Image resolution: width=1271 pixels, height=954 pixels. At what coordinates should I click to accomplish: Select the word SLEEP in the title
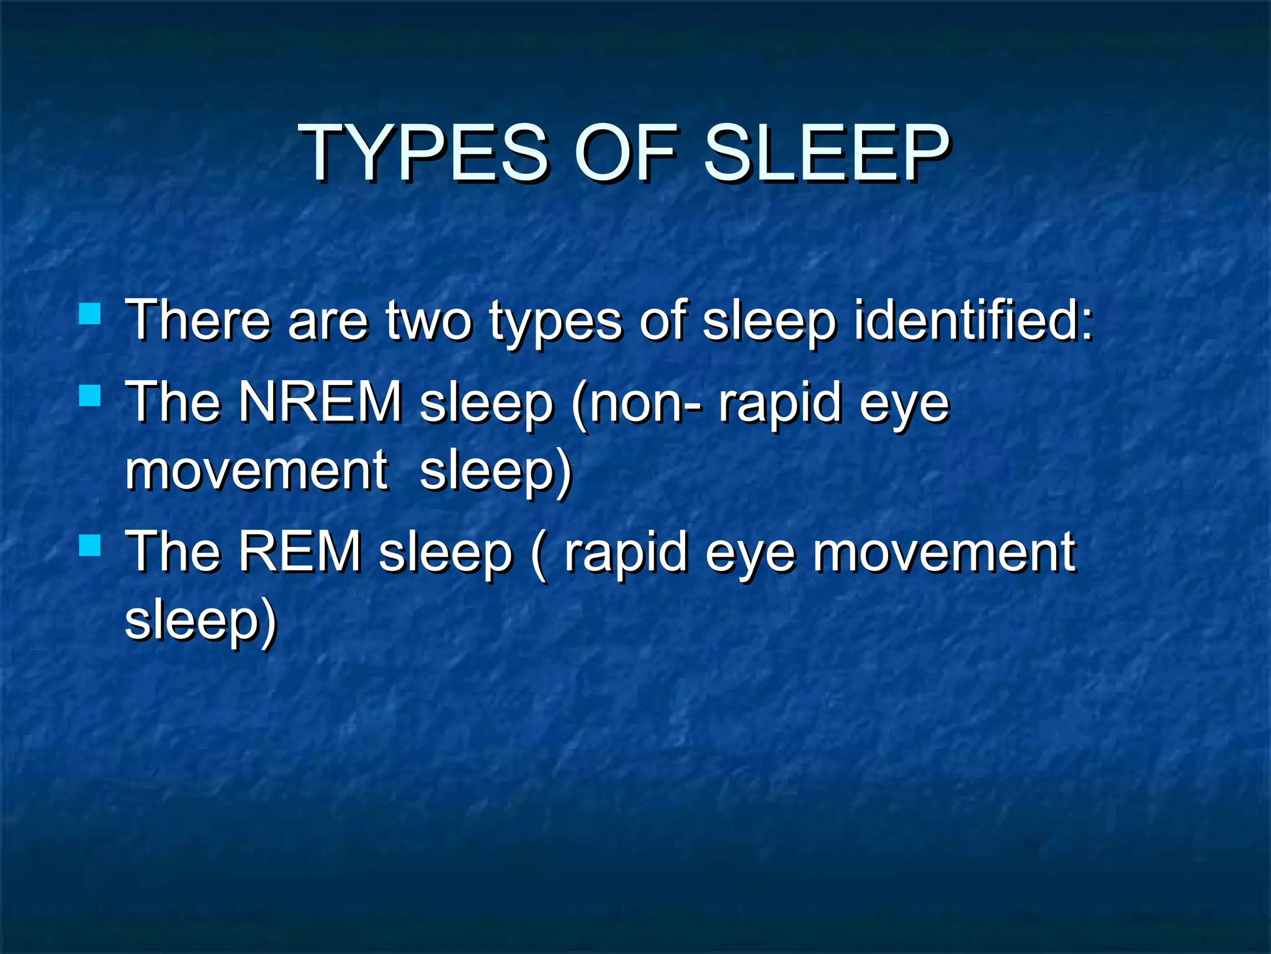click(825, 153)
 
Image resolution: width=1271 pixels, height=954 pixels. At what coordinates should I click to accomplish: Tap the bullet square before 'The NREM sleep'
click(90, 395)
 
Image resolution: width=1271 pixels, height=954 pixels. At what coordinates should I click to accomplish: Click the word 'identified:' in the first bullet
click(973, 320)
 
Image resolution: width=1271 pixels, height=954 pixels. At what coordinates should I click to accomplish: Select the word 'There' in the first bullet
click(199, 320)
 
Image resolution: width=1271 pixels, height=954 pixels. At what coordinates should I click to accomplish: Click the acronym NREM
click(320, 402)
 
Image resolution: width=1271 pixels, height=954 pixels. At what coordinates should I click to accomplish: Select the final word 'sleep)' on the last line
click(200, 621)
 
